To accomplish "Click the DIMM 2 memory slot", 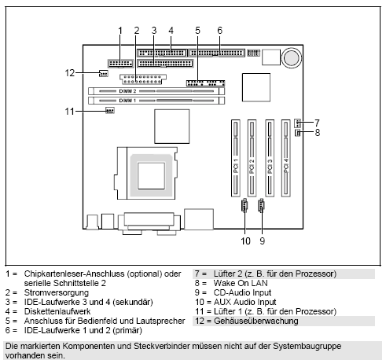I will coord(157,91).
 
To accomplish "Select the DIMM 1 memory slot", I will coord(157,101).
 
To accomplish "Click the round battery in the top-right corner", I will coord(292,57).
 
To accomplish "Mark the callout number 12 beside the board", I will coord(70,73).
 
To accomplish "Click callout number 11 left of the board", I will coord(70,112).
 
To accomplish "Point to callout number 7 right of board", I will coord(316,123).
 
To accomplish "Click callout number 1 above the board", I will coord(120,30).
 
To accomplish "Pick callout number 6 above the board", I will coord(219,30).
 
